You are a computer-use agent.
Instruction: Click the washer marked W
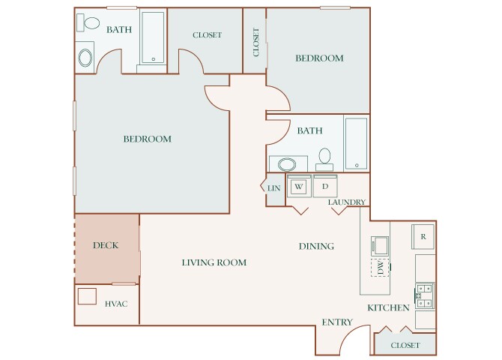(299, 186)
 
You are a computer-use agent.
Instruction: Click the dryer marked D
(325, 186)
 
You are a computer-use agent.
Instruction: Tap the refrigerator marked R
(423, 236)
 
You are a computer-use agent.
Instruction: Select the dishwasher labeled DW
(380, 267)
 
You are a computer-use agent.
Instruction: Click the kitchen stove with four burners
(425, 295)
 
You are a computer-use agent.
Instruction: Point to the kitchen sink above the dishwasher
(380, 246)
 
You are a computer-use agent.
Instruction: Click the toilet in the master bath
(88, 22)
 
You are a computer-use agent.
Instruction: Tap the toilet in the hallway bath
(324, 159)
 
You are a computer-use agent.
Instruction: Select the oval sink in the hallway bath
(287, 164)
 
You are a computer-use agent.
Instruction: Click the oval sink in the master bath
(85, 58)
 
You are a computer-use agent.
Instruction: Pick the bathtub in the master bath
(153, 37)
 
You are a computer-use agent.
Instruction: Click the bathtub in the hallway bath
(357, 143)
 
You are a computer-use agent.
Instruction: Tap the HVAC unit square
(87, 296)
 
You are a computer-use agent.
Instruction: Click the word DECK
(106, 245)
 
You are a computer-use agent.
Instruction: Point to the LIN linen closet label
(273, 188)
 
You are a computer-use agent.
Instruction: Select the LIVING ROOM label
(214, 262)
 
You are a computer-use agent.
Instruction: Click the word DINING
(316, 246)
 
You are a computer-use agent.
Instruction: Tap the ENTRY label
(337, 322)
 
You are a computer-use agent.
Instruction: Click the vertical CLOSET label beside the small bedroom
(255, 42)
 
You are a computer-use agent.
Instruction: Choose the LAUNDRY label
(347, 202)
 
